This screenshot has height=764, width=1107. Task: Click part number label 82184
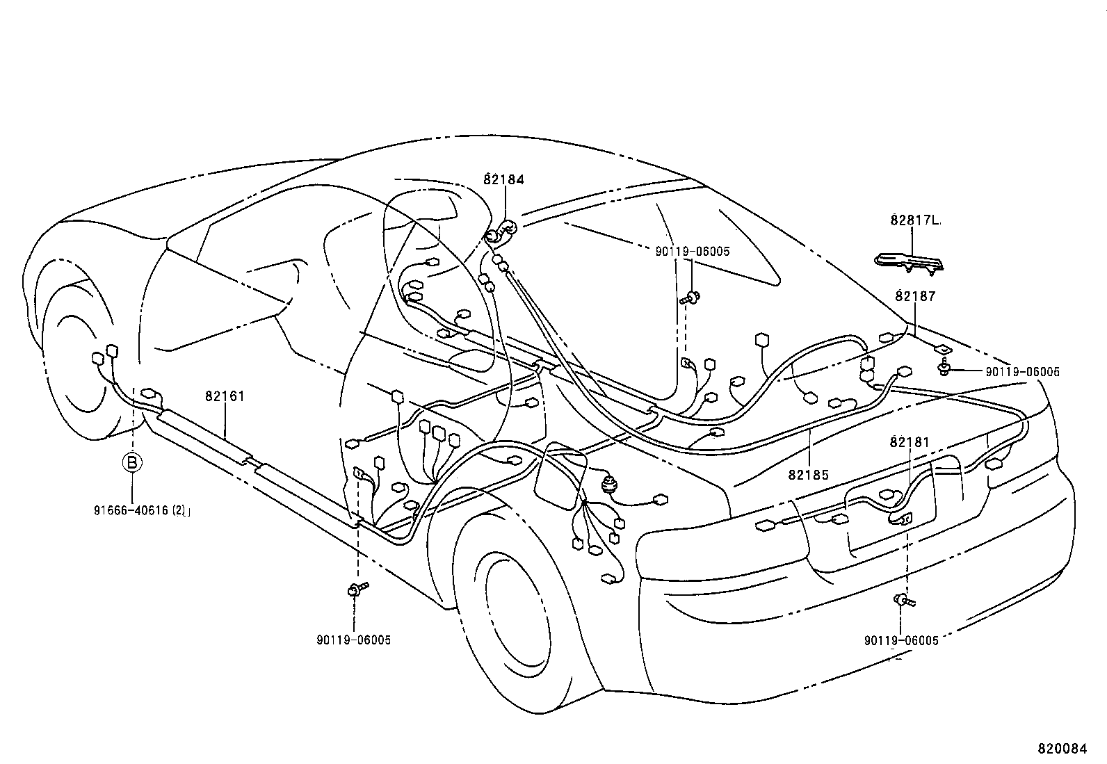pos(503,179)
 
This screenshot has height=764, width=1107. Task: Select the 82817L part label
pos(914,220)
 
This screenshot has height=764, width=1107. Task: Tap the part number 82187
pos(915,296)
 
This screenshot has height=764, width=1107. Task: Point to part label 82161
pos(225,396)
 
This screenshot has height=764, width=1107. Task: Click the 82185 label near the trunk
pos(809,475)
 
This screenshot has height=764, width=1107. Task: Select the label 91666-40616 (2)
pos(142,510)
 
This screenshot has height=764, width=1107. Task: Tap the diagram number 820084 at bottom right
pos(1061,749)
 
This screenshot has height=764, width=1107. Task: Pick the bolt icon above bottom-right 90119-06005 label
pos(903,599)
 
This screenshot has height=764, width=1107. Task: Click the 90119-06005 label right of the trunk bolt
pos(1022,372)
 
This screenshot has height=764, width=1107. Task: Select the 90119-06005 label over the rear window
pos(693,252)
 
